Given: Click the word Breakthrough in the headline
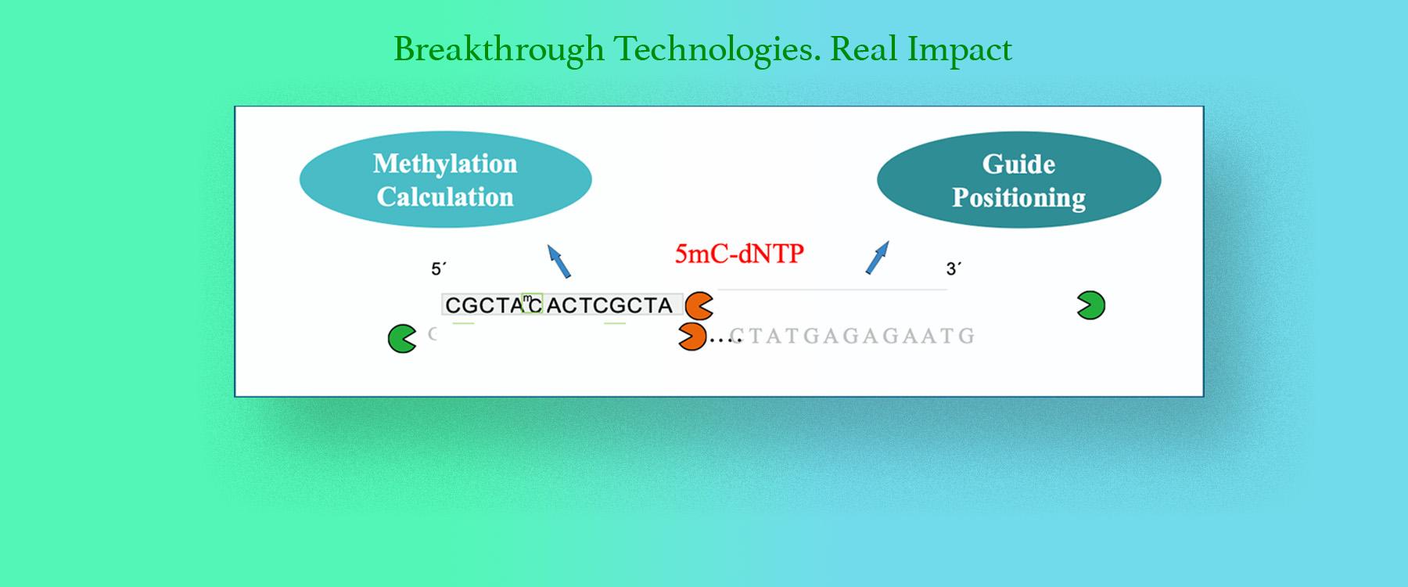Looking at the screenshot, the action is (x=499, y=49).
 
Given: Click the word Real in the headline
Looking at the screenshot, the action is (x=864, y=49).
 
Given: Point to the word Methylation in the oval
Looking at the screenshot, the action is (x=445, y=164).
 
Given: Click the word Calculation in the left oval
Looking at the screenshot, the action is (x=445, y=196).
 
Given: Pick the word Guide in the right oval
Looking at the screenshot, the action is (x=1018, y=164).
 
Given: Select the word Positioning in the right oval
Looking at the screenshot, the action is (x=1018, y=197).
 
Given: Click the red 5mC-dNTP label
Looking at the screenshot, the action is (x=739, y=254).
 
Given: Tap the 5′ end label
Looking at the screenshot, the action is (x=438, y=269).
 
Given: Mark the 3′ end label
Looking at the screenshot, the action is (x=954, y=269).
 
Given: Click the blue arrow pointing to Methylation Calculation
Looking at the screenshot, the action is (x=559, y=261).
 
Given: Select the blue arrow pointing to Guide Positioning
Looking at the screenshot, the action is (x=878, y=257).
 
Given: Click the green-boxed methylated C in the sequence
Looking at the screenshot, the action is (x=533, y=304).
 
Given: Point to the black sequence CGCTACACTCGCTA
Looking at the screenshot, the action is (x=559, y=304).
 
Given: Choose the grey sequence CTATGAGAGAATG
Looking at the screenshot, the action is (x=851, y=336).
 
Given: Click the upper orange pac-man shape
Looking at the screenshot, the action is (x=699, y=306).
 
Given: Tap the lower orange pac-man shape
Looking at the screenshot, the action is (x=691, y=337).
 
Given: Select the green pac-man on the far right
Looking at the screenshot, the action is (x=1090, y=305).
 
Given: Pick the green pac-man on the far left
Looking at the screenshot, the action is (x=402, y=339).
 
